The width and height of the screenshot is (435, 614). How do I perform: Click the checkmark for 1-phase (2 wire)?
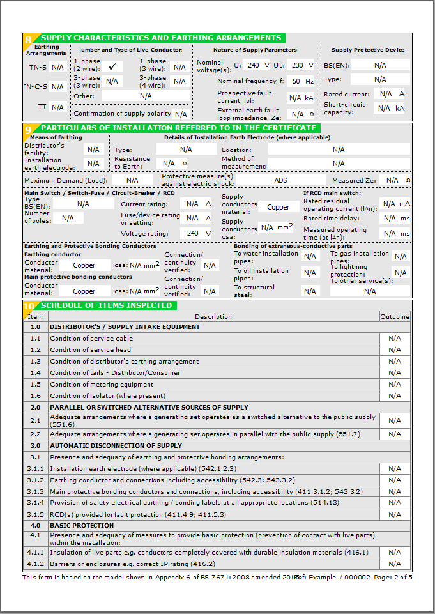coord(112,66)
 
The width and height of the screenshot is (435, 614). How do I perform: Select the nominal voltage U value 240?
coord(254,65)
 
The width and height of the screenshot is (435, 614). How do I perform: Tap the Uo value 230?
coord(297,65)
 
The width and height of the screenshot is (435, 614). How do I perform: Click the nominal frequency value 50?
coord(296,81)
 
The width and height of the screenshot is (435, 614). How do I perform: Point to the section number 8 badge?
coord(28,39)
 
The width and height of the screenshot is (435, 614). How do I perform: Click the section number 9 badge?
coord(28,129)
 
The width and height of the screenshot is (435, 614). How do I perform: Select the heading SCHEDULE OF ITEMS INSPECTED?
coord(107,305)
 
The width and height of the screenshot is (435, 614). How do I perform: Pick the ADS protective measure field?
coord(281,180)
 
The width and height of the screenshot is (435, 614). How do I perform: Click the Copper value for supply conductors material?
coord(279,207)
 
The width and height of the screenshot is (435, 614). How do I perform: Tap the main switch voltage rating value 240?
coord(193,233)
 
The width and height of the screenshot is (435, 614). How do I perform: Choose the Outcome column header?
coord(395,316)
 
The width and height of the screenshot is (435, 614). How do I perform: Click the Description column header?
coord(213,316)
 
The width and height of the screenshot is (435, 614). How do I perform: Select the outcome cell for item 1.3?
coord(395,362)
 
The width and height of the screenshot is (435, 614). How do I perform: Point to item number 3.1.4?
coord(36,503)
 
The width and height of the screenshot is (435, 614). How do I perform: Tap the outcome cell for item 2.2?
coord(395,434)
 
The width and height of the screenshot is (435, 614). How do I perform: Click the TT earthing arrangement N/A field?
coord(57,107)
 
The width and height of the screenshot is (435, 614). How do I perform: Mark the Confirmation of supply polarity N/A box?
coord(181,114)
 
